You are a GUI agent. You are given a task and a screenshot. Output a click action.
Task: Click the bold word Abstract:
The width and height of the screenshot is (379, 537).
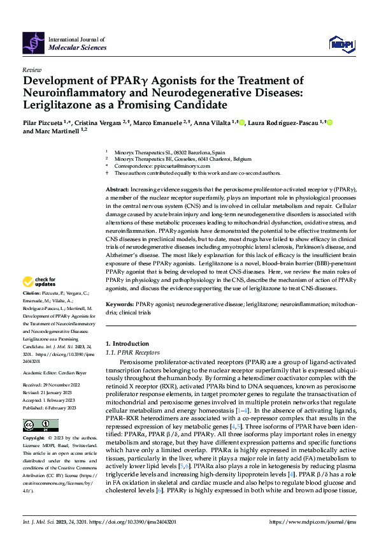117,190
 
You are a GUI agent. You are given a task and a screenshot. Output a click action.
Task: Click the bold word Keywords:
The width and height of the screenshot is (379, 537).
120,305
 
